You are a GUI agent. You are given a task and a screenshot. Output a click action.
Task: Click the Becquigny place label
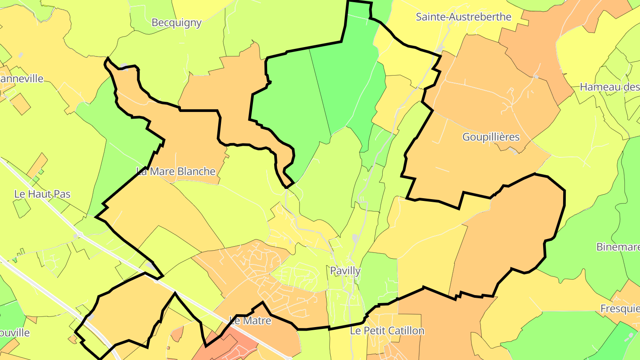click(176, 23)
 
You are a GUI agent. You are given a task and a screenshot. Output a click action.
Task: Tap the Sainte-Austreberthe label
click(464, 17)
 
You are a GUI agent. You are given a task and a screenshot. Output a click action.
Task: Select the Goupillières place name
click(491, 137)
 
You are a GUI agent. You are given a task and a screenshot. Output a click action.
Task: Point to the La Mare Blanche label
click(176, 172)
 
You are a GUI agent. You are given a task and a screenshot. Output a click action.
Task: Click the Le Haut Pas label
click(42, 194)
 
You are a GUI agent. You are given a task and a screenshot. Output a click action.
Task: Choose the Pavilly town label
click(345, 271)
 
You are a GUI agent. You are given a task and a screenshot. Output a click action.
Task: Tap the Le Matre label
click(250, 320)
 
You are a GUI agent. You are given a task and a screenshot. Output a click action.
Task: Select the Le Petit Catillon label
click(387, 331)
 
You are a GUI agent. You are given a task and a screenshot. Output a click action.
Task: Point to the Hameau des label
click(609, 87)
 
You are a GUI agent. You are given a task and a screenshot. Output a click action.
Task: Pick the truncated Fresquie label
click(620, 309)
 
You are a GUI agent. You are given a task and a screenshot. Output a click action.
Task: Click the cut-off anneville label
click(22, 79)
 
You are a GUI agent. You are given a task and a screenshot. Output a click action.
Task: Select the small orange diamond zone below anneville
click(20, 104)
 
